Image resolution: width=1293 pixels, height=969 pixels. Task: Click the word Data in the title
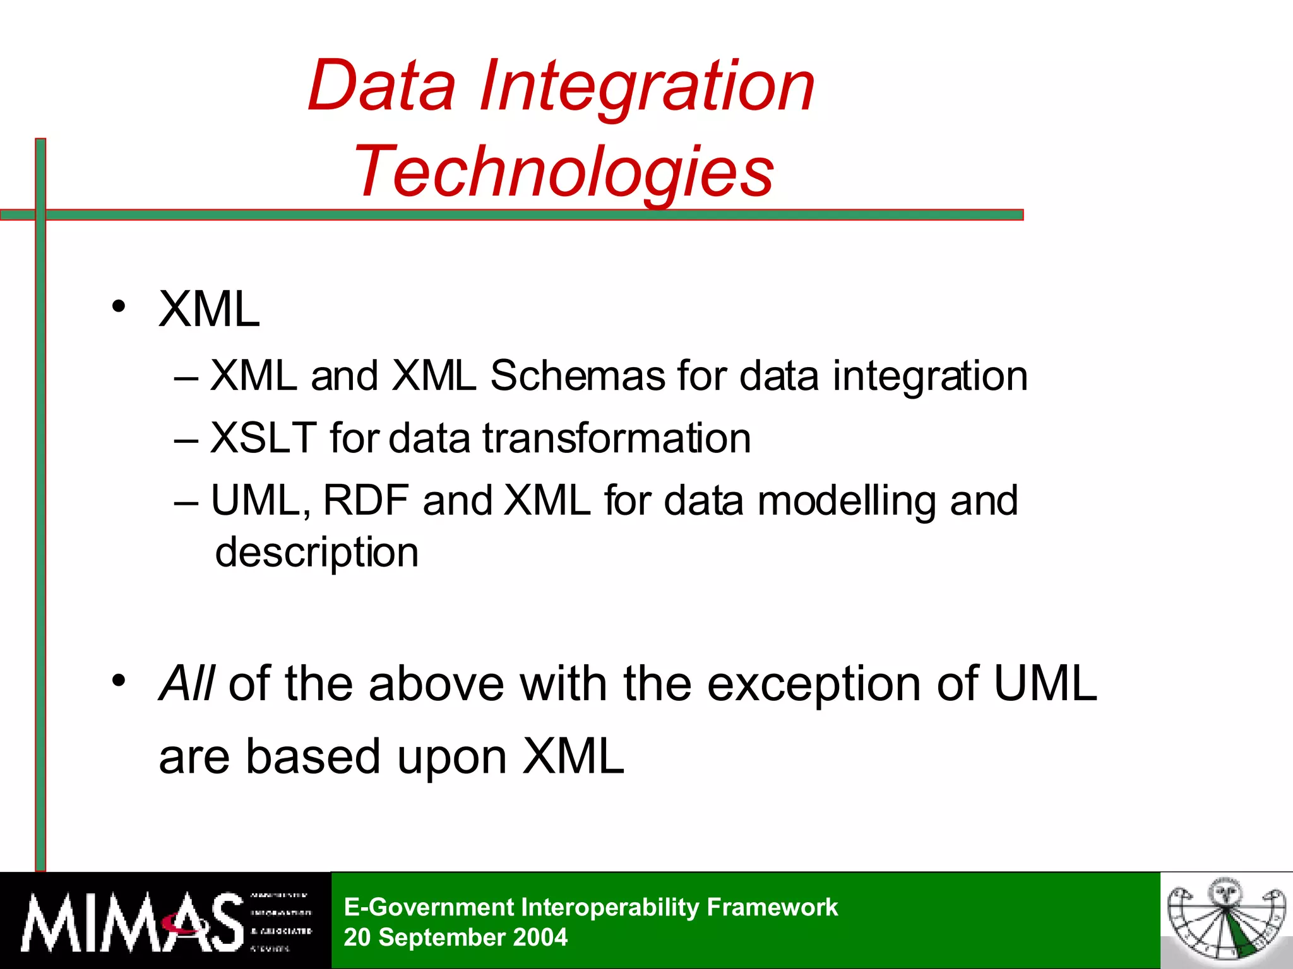point(381,86)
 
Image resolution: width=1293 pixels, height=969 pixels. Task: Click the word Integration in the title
point(647,86)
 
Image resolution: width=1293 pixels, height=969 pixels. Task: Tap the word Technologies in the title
point(564,172)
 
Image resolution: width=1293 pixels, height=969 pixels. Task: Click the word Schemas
point(577,376)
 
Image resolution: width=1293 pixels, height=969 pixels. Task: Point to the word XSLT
point(263,438)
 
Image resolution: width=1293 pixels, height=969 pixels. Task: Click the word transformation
point(617,438)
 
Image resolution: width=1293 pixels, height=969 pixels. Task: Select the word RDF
point(366,500)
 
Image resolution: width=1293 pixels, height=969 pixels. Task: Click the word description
point(316,553)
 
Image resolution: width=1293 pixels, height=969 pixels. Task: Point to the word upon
point(451,757)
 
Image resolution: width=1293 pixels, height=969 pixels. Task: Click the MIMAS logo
point(165,921)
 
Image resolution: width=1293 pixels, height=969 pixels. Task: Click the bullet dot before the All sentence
point(119,681)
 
